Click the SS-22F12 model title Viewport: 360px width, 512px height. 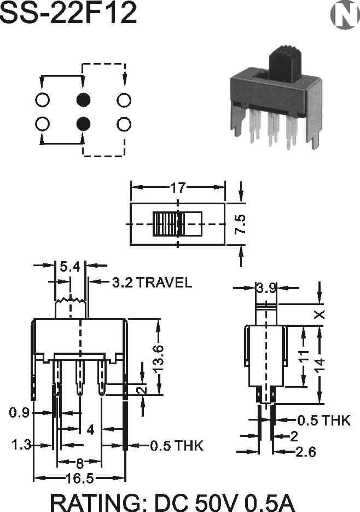(x=68, y=14)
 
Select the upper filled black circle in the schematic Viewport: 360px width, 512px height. (x=83, y=100)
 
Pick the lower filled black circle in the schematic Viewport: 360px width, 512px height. (x=83, y=123)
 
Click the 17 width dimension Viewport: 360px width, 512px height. (x=177, y=188)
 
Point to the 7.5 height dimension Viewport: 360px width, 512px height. (x=241, y=224)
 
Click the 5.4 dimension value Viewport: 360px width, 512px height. (x=70, y=267)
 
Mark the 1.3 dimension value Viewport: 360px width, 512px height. (x=21, y=445)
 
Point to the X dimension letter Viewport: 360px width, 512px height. (x=321, y=314)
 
